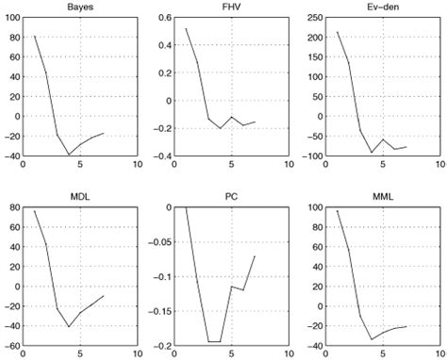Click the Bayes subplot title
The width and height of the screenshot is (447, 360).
point(80,8)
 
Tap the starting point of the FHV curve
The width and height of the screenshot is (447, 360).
point(186,28)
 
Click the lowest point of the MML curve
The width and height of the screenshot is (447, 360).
point(372,338)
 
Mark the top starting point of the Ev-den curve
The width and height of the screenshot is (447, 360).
point(338,32)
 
